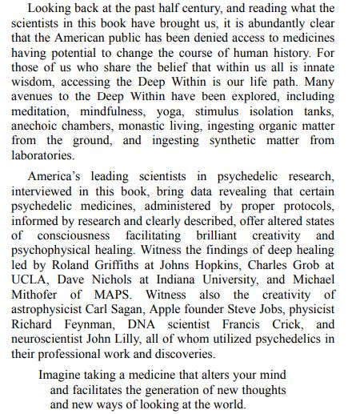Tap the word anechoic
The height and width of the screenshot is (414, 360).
click(38, 132)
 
